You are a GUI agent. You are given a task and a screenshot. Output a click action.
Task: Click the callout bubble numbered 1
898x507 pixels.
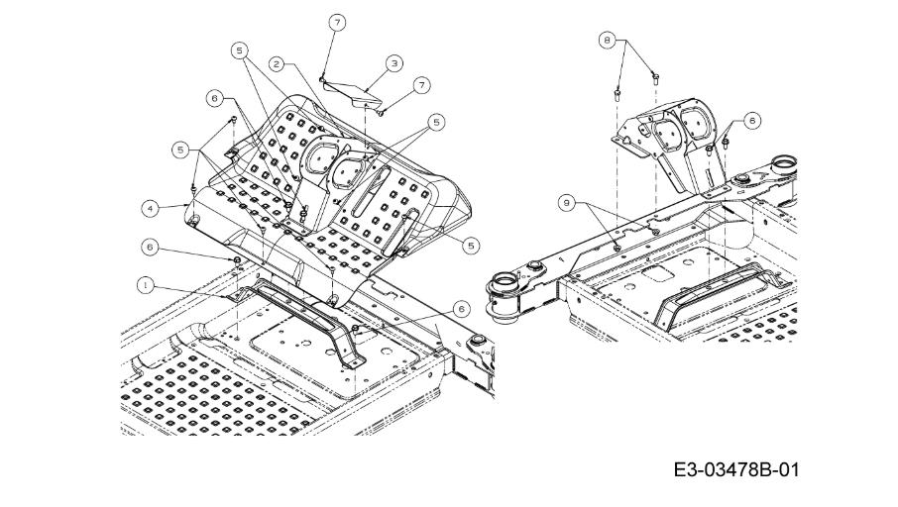pos(146,285)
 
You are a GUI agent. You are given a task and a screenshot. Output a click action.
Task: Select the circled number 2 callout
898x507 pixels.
pos(278,64)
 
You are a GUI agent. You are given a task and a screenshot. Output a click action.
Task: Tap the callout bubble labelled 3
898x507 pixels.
pos(394,63)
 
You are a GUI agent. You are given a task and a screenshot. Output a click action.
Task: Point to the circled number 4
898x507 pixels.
pos(150,209)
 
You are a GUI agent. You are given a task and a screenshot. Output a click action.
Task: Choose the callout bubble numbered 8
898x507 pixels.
pos(607,40)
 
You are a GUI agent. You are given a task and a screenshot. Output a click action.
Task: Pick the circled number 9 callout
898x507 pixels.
pos(567,202)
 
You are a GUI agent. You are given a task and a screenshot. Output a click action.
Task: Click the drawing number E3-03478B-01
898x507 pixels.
pos(735,470)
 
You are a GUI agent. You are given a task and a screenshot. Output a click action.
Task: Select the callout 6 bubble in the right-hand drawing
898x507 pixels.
pos(752,120)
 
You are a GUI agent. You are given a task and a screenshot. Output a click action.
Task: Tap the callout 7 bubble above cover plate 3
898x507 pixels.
pos(337,23)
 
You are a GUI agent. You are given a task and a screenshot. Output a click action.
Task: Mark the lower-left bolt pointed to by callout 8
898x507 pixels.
pos(617,94)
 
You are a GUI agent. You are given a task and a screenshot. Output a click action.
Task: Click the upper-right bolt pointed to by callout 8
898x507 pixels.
pos(654,76)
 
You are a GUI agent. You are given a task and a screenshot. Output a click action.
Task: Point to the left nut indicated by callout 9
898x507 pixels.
pos(617,248)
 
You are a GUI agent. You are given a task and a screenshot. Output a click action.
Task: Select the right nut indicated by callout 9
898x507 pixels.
pos(655,232)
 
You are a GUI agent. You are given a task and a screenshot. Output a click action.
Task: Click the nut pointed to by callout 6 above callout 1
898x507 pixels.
pos(237,261)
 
